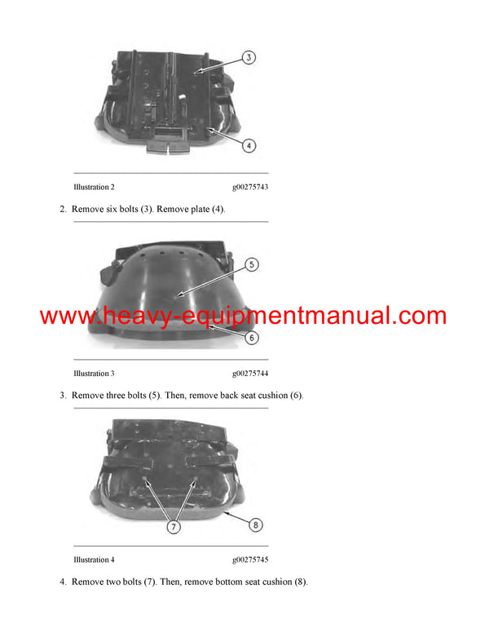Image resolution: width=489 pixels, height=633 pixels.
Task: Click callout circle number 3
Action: click(x=249, y=58)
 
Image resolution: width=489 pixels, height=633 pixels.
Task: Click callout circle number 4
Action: click(x=249, y=146)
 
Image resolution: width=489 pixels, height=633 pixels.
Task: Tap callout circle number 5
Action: click(x=252, y=264)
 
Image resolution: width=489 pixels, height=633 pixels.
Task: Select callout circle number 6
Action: click(x=253, y=335)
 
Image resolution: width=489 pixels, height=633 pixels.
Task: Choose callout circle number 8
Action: click(x=255, y=525)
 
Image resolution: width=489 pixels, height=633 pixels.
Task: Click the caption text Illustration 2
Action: click(x=94, y=188)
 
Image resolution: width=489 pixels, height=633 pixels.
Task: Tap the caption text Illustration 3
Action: click(x=94, y=374)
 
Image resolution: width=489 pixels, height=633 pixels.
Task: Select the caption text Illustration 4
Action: click(x=94, y=560)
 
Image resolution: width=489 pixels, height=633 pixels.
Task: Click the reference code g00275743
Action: click(x=250, y=188)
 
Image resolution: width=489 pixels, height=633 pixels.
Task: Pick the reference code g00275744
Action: click(x=250, y=374)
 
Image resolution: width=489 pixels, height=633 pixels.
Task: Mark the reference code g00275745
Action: click(x=250, y=560)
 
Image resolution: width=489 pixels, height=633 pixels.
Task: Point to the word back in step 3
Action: click(x=236, y=396)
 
